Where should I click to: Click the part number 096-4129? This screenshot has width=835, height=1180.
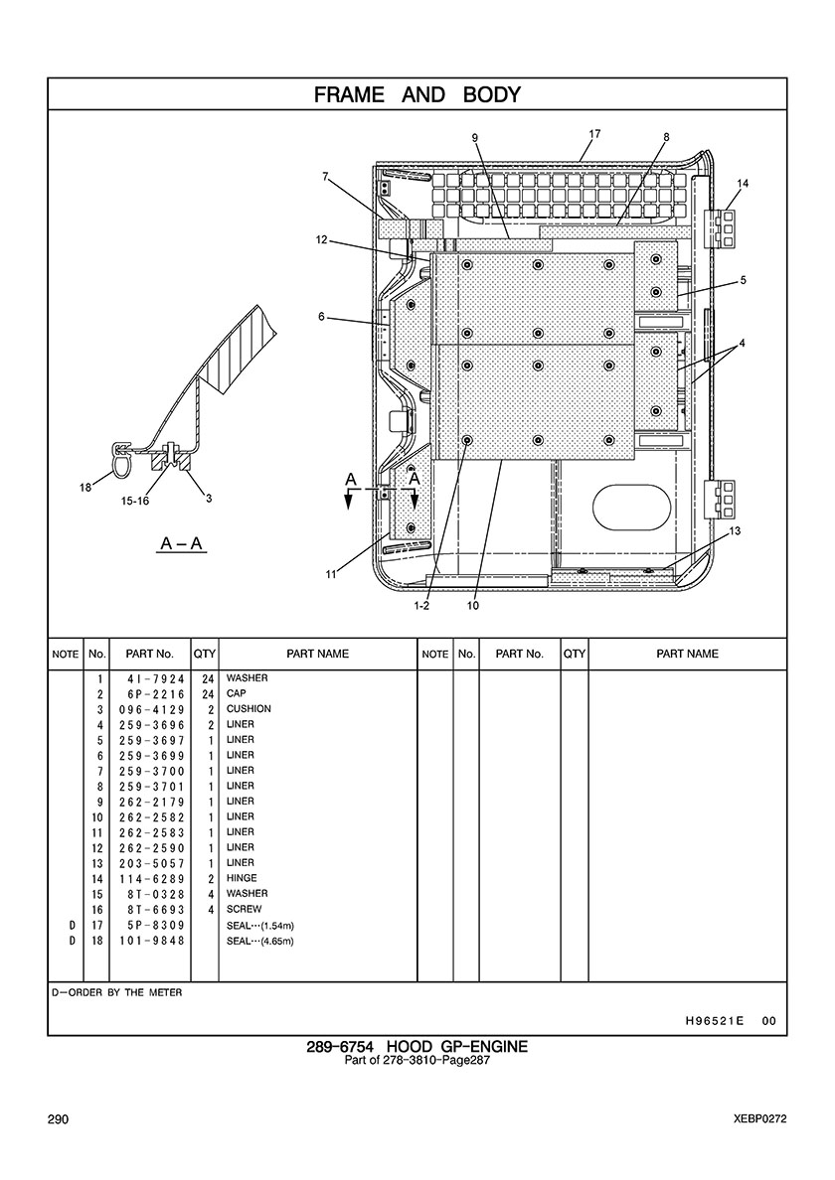coord(151,709)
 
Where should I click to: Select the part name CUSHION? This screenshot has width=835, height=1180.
coord(249,709)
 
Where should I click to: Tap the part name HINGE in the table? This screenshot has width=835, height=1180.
coord(242,878)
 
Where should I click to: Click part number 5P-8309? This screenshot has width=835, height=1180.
coord(157,926)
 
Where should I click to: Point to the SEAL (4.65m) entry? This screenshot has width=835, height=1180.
coord(260,942)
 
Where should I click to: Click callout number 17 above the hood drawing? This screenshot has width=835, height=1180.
coord(594,134)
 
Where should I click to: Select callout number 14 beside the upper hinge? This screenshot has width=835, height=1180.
coord(744,183)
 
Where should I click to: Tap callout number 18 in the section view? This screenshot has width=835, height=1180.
coord(85,488)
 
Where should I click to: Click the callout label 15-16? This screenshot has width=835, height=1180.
coord(135,502)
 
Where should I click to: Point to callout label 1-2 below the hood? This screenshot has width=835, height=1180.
coord(421,606)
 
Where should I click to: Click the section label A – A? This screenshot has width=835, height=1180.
coord(182,543)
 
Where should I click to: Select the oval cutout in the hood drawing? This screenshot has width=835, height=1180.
coord(631,506)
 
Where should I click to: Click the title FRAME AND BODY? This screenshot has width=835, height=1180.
coord(417,94)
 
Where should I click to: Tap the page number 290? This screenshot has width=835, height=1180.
coord(58,1119)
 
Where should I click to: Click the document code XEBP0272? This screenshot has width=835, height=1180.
coord(760,1119)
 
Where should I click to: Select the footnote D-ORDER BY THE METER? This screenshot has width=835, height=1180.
coord(116,992)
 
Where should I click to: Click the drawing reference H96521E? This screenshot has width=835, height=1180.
coord(715,1021)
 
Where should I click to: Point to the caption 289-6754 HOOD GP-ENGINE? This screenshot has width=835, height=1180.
coord(417,1047)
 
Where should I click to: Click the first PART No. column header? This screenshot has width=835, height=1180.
coord(150,654)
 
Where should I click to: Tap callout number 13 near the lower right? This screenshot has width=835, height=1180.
coord(735,530)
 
